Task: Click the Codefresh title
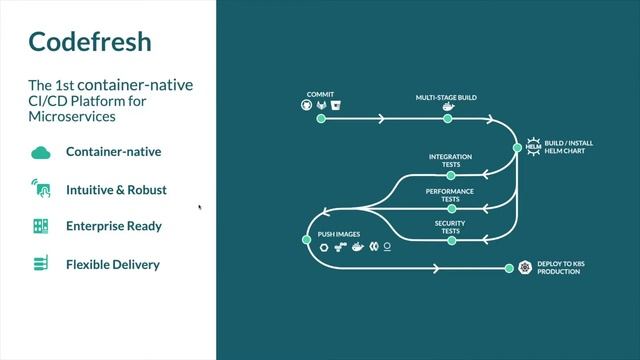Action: click(89, 42)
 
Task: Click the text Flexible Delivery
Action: click(113, 264)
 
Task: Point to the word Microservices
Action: click(72, 117)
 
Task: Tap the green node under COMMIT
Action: click(321, 118)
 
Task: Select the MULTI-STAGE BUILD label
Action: click(446, 98)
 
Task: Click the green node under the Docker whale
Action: click(448, 118)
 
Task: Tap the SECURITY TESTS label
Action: click(448, 227)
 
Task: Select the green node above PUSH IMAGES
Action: click(310, 238)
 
